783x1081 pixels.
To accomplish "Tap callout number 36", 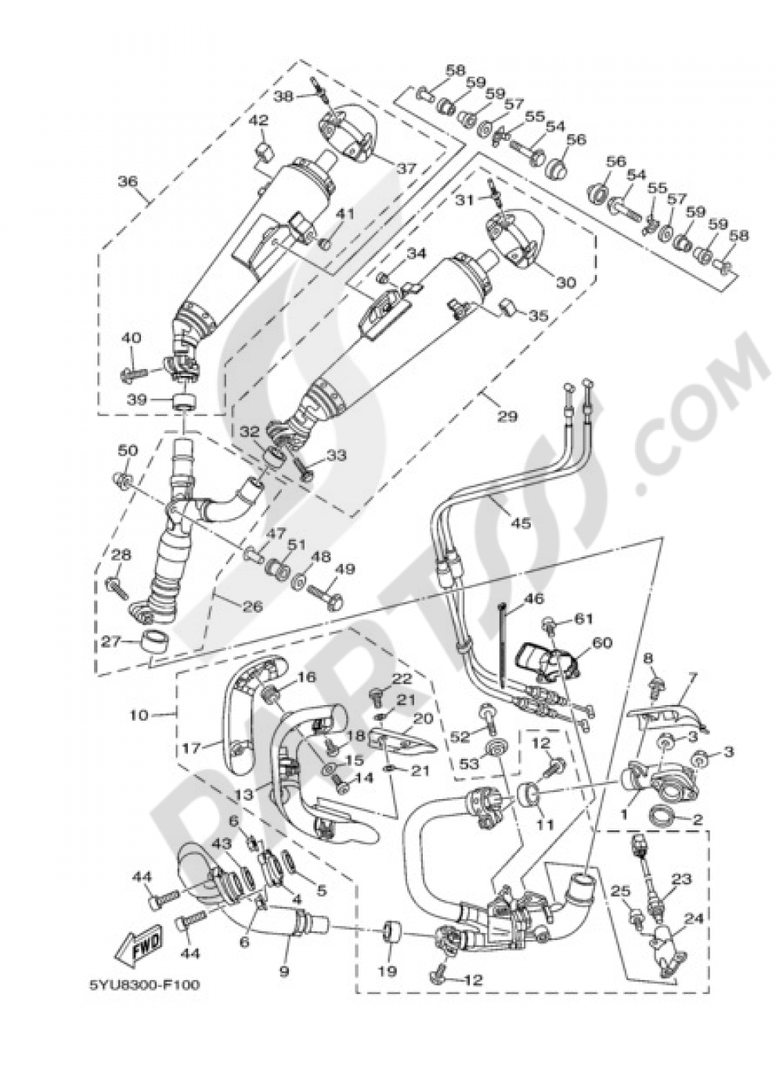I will coord(128,183).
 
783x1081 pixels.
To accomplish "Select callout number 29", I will coord(507,417).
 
